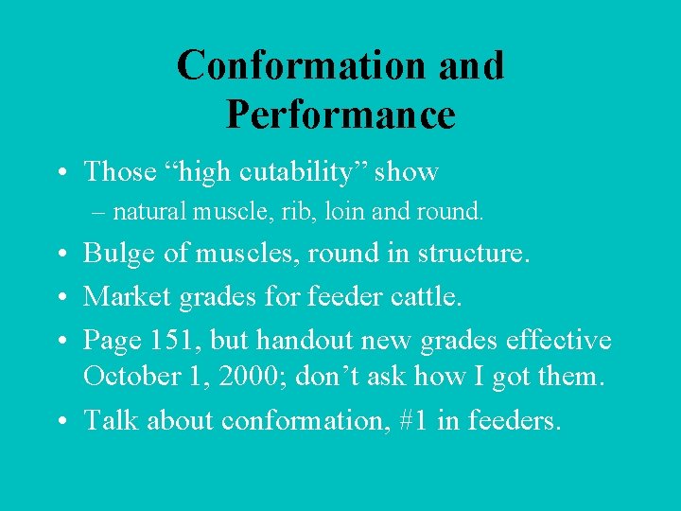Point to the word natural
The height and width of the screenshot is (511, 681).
(148, 211)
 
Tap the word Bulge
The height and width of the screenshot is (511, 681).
(117, 254)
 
